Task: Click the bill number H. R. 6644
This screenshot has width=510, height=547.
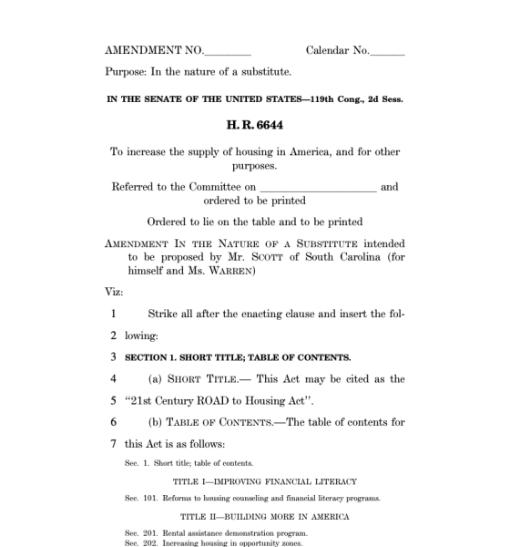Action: pos(255,125)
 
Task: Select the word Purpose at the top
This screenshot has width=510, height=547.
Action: pos(126,71)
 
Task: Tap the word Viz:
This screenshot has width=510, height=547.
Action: pos(114,292)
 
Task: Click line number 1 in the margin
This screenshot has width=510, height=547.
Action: pos(114,315)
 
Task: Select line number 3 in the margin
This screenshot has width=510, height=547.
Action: pos(114,356)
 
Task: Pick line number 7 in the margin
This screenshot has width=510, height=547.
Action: pos(114,444)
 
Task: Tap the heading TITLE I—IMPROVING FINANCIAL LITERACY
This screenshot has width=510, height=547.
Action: pos(264,481)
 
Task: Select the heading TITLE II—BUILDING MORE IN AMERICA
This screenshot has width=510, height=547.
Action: pos(264,516)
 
